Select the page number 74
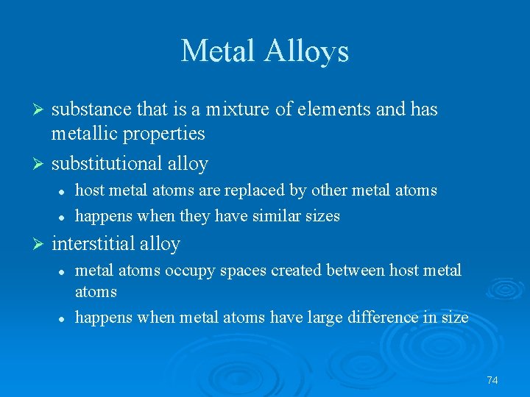point(492,380)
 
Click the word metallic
point(81,133)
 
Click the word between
point(356,271)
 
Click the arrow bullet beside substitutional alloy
point(41,163)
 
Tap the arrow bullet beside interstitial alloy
point(41,243)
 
